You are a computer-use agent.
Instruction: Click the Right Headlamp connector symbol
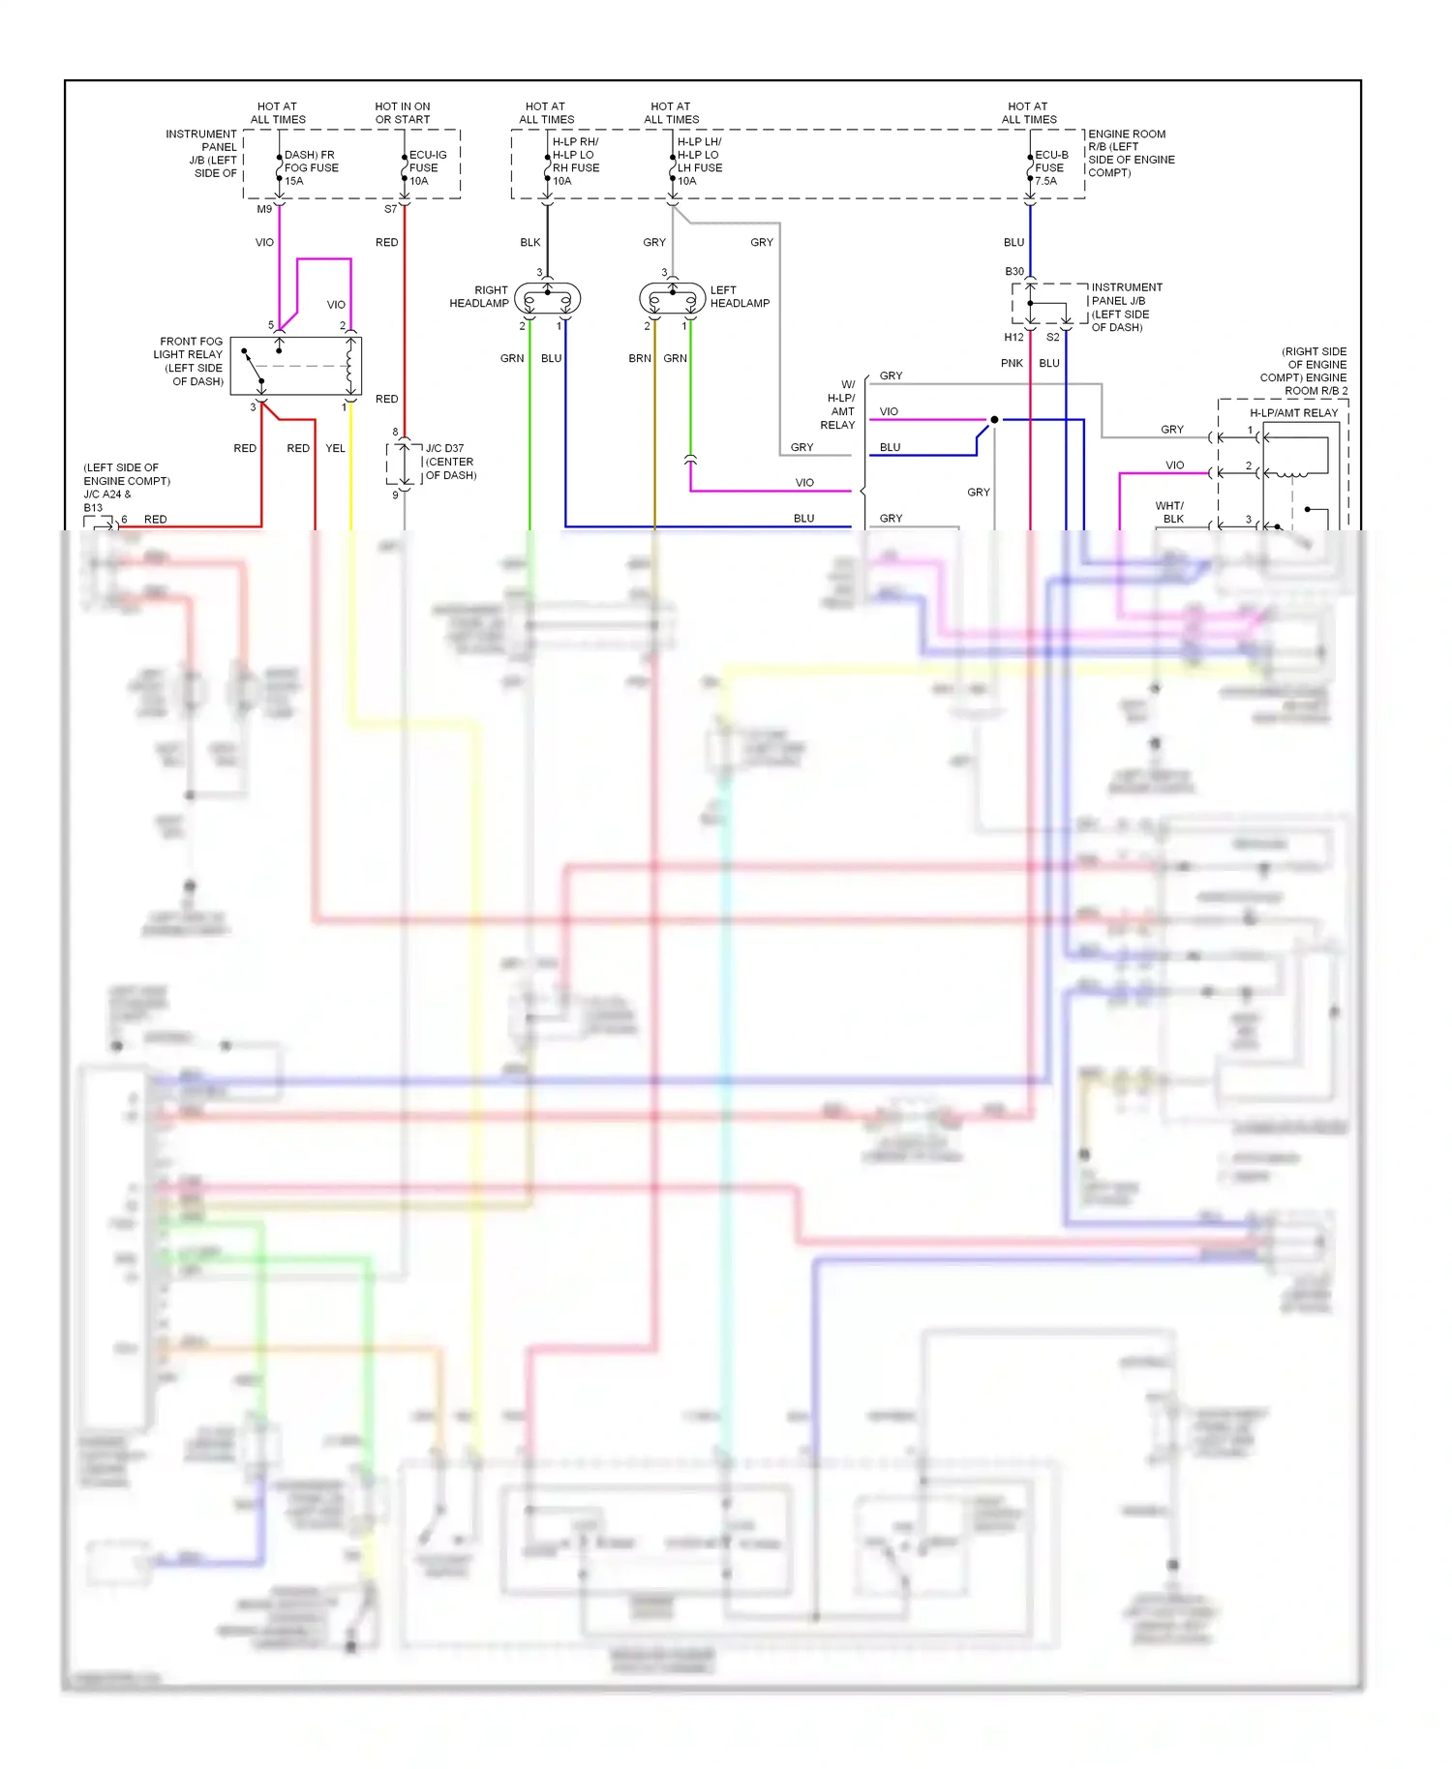tap(547, 298)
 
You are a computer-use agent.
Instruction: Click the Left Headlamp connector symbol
tap(672, 298)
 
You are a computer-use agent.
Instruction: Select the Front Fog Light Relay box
tap(296, 366)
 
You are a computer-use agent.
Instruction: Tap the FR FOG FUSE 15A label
tap(310, 167)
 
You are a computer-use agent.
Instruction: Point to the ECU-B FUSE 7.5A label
tap(1050, 167)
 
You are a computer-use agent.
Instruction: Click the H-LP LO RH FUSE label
tap(575, 161)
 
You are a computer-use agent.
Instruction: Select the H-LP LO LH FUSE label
tap(700, 161)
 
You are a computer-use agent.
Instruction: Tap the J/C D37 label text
tap(445, 449)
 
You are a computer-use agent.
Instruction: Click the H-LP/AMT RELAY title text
tap(1293, 413)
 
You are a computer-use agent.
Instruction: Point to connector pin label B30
tap(1013, 272)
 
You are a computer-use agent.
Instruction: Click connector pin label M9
tap(264, 209)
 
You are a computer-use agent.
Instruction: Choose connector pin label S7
tap(390, 209)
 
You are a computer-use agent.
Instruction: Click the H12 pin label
tap(1013, 338)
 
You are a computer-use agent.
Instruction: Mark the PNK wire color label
tap(1012, 364)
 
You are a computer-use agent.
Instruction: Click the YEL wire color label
tap(335, 449)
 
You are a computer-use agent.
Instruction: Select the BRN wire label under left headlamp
tap(640, 359)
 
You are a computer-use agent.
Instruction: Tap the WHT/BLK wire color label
tap(1169, 512)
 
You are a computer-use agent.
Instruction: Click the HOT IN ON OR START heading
tap(403, 113)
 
